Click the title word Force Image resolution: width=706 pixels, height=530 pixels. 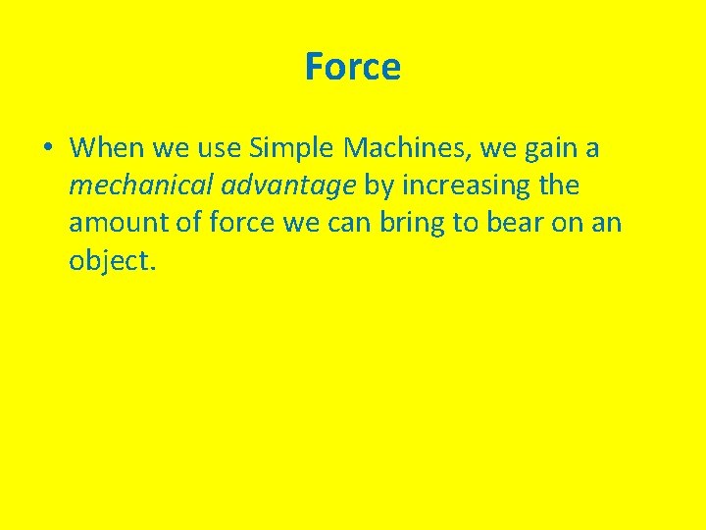click(352, 67)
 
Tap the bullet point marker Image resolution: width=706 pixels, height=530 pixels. click(46, 149)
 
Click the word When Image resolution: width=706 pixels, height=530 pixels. click(104, 148)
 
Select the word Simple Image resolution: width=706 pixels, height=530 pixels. click(291, 148)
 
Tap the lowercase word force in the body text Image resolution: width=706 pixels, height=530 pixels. click(241, 223)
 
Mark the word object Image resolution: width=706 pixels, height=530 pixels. click(109, 261)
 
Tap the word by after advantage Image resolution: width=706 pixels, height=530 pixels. click(378, 186)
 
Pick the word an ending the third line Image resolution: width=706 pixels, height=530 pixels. click(607, 224)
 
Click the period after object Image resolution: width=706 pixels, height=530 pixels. click(152, 267)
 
